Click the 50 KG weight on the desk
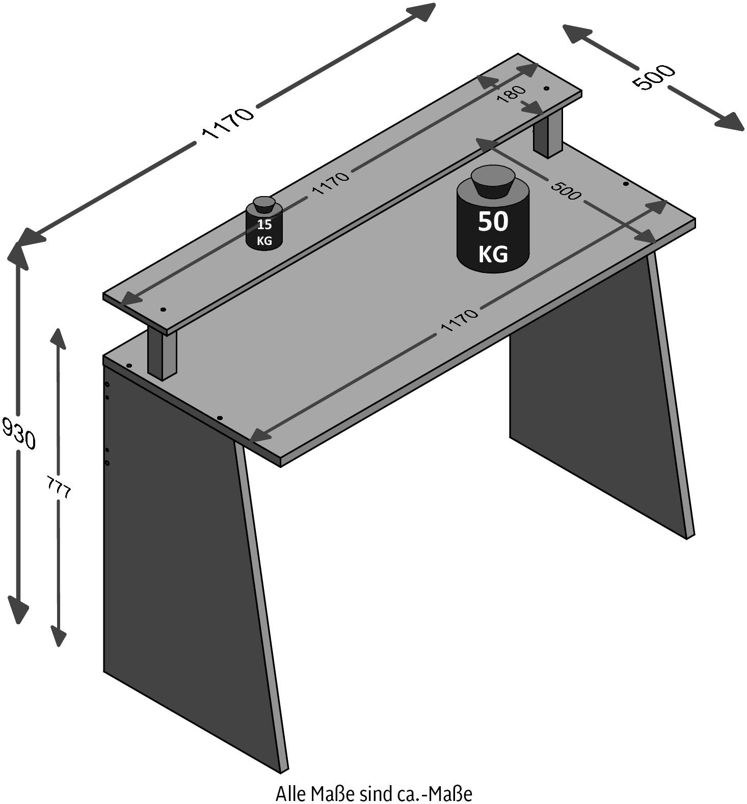[x=493, y=229]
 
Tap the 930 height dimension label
[x=19, y=432]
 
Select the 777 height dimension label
[x=59, y=487]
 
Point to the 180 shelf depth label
[x=511, y=94]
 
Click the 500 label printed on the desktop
[x=565, y=190]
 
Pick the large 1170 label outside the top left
[x=228, y=123]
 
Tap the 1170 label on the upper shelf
[x=331, y=183]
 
